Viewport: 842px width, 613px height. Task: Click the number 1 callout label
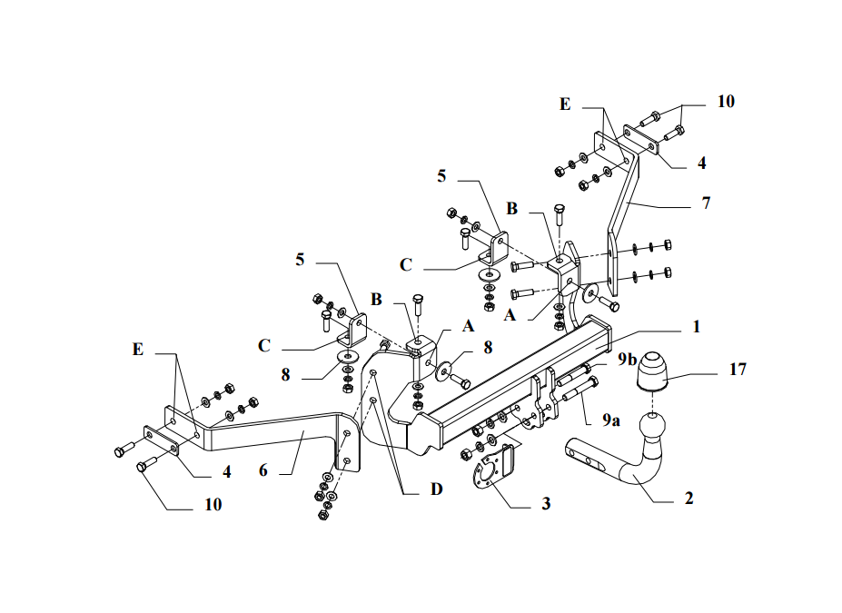[x=696, y=325]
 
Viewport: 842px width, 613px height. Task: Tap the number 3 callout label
[x=546, y=502]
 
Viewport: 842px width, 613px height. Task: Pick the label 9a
[x=610, y=420]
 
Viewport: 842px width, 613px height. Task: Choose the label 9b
[x=627, y=360]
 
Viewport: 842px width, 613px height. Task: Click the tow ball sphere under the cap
[x=654, y=425]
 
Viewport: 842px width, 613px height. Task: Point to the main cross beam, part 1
[x=509, y=381]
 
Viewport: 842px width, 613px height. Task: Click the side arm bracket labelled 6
[x=272, y=431]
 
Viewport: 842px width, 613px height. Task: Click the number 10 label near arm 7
[x=725, y=101]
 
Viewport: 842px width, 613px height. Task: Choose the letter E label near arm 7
[x=565, y=104]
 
